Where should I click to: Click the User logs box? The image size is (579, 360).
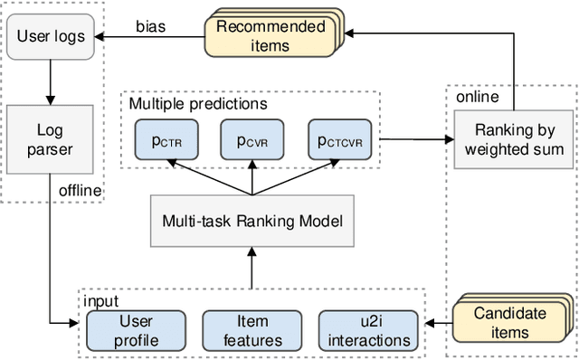coord(52,38)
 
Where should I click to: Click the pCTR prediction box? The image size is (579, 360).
coord(166,141)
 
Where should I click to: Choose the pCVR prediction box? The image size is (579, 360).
coord(252,141)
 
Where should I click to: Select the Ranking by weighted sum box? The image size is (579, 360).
coord(513,140)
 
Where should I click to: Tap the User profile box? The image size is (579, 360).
coord(137,329)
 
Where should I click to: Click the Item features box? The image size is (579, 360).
coord(252,329)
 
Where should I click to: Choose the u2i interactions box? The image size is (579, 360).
coord(369,329)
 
